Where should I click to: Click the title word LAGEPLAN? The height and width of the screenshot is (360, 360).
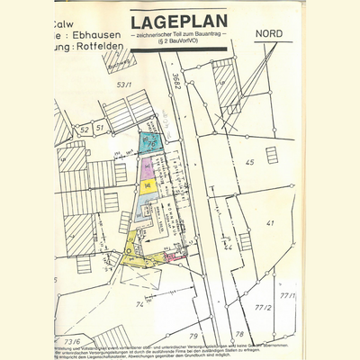pyautogui.click(x=177, y=22)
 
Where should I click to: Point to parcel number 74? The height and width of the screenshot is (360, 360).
pyautogui.click(x=140, y=305)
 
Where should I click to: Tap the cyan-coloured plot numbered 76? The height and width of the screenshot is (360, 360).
pyautogui.click(x=151, y=142)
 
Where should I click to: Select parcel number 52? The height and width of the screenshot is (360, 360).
pyautogui.click(x=83, y=130)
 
